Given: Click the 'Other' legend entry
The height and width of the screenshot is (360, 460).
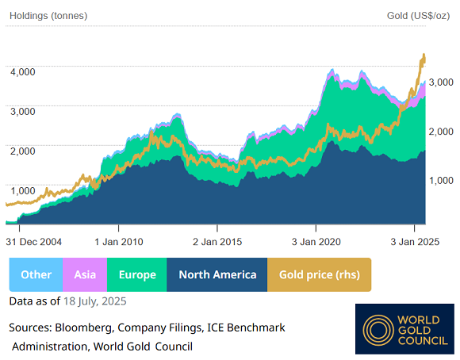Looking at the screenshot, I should click(36, 274).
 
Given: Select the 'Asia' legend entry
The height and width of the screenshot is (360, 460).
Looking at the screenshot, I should click(85, 274).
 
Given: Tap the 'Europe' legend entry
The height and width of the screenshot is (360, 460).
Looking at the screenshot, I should click(137, 274).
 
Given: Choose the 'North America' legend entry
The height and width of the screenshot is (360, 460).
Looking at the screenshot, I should click(217, 274).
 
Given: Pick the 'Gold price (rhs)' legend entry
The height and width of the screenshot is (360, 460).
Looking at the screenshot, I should click(319, 274).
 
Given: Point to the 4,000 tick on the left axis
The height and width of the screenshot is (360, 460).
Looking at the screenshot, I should click(23, 71).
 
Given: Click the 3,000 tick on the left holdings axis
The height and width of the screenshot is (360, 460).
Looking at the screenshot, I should click(23, 111).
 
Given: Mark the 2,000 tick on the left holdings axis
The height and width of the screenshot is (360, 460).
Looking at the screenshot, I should click(23, 151).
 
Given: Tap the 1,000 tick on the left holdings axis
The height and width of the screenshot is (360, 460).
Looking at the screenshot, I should click(23, 190).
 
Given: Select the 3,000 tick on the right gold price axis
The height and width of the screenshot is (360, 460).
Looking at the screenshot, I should click(440, 82).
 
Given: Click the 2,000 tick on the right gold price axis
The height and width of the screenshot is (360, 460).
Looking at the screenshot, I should click(440, 132).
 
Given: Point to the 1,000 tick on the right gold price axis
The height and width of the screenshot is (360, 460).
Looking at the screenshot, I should click(440, 181).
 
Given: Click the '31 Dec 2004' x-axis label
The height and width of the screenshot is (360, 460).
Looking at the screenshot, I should click(34, 241).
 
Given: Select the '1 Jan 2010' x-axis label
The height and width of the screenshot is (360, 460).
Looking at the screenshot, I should click(118, 241).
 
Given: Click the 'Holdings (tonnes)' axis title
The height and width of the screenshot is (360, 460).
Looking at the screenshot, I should click(48, 16).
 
